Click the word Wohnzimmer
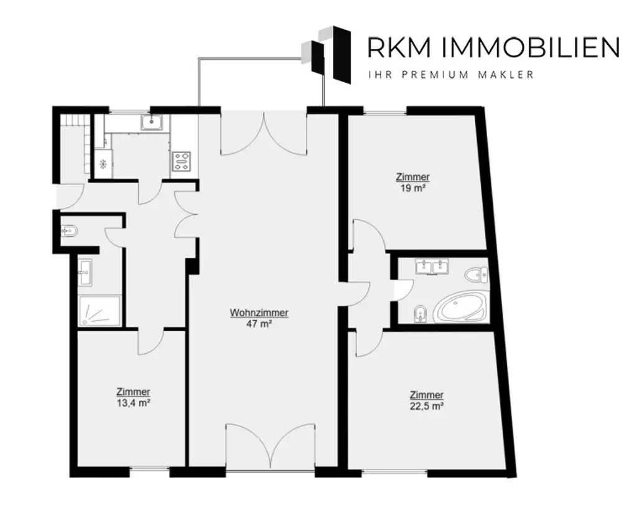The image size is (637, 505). (x=259, y=313)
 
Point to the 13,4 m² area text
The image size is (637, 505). (x=133, y=402)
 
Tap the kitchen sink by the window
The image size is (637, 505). (x=152, y=122)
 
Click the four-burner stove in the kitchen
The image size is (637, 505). (x=182, y=161)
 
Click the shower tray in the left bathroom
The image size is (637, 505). (x=100, y=310)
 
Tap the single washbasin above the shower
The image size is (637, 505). (x=85, y=272)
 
